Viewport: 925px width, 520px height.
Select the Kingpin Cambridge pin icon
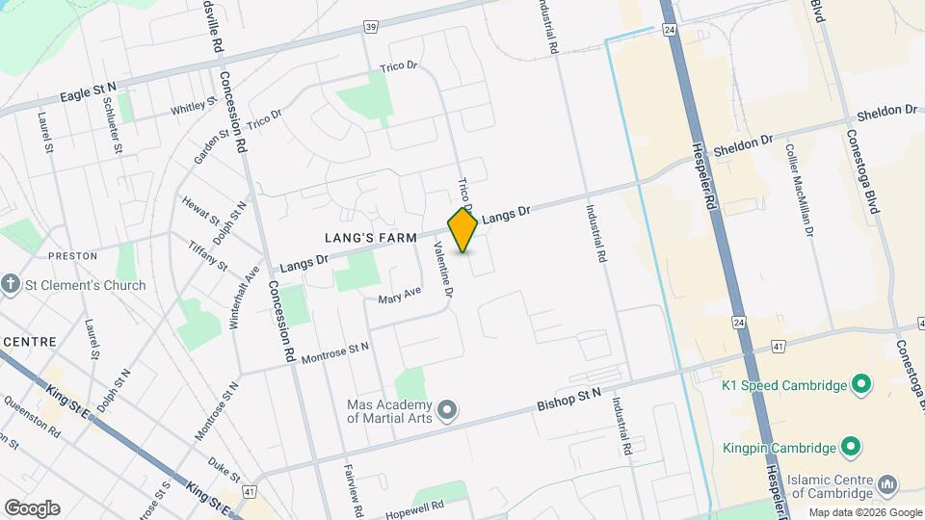[850, 447]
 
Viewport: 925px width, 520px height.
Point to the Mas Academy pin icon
[446, 411]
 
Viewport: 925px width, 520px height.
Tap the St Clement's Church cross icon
[11, 284]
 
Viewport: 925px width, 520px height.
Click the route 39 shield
[370, 27]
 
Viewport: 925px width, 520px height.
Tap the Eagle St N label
[88, 94]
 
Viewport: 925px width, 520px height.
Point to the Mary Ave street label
[400, 295]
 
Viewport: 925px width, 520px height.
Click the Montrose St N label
[335, 353]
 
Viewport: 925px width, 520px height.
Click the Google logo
[32, 507]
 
